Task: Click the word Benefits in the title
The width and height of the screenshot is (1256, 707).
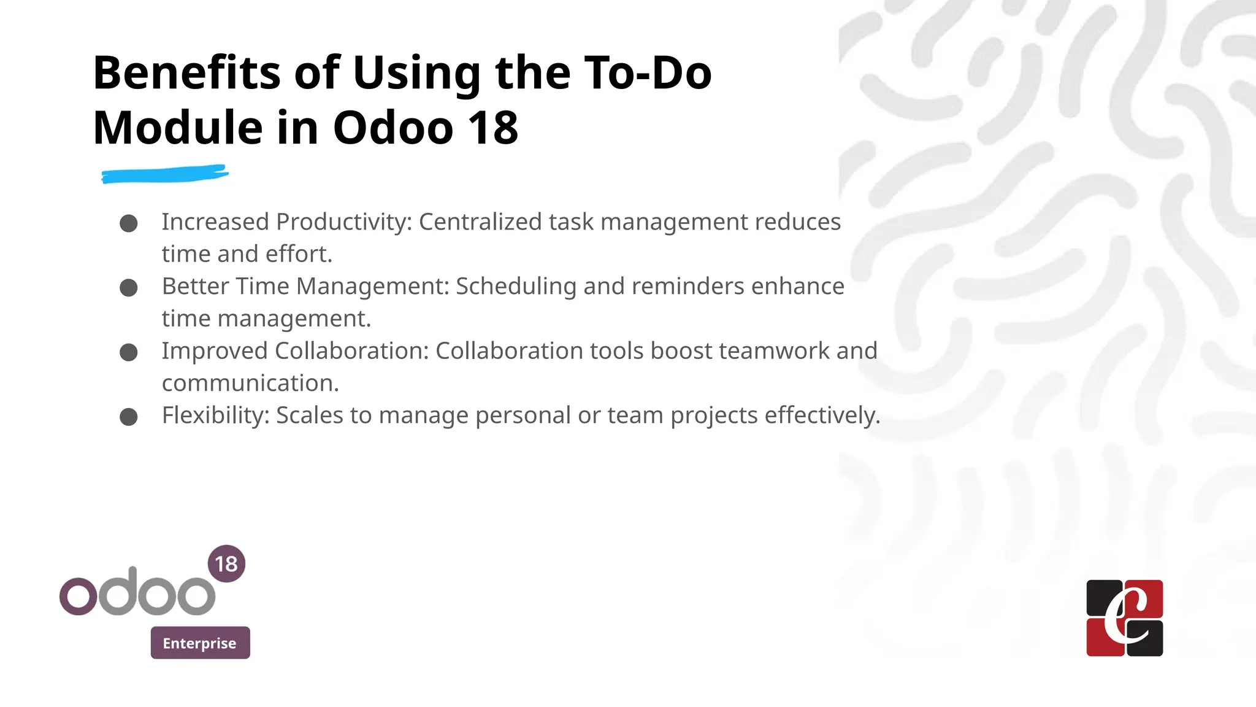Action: point(185,73)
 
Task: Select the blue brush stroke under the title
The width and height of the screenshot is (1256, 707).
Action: point(164,174)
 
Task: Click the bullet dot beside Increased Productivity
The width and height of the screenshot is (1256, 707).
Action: point(129,223)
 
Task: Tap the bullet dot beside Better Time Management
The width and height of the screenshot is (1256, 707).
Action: point(129,288)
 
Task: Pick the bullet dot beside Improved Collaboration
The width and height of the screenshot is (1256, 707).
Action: point(129,352)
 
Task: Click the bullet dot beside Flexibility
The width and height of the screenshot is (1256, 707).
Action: point(129,417)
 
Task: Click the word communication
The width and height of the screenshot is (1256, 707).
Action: point(250,384)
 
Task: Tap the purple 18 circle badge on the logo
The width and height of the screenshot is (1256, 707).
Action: point(226,563)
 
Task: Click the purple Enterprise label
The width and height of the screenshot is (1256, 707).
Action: point(200,643)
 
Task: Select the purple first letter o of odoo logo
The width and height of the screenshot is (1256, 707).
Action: point(78,596)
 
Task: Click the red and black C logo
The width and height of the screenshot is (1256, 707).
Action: point(1124,617)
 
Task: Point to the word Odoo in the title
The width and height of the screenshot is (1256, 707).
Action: point(392,128)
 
